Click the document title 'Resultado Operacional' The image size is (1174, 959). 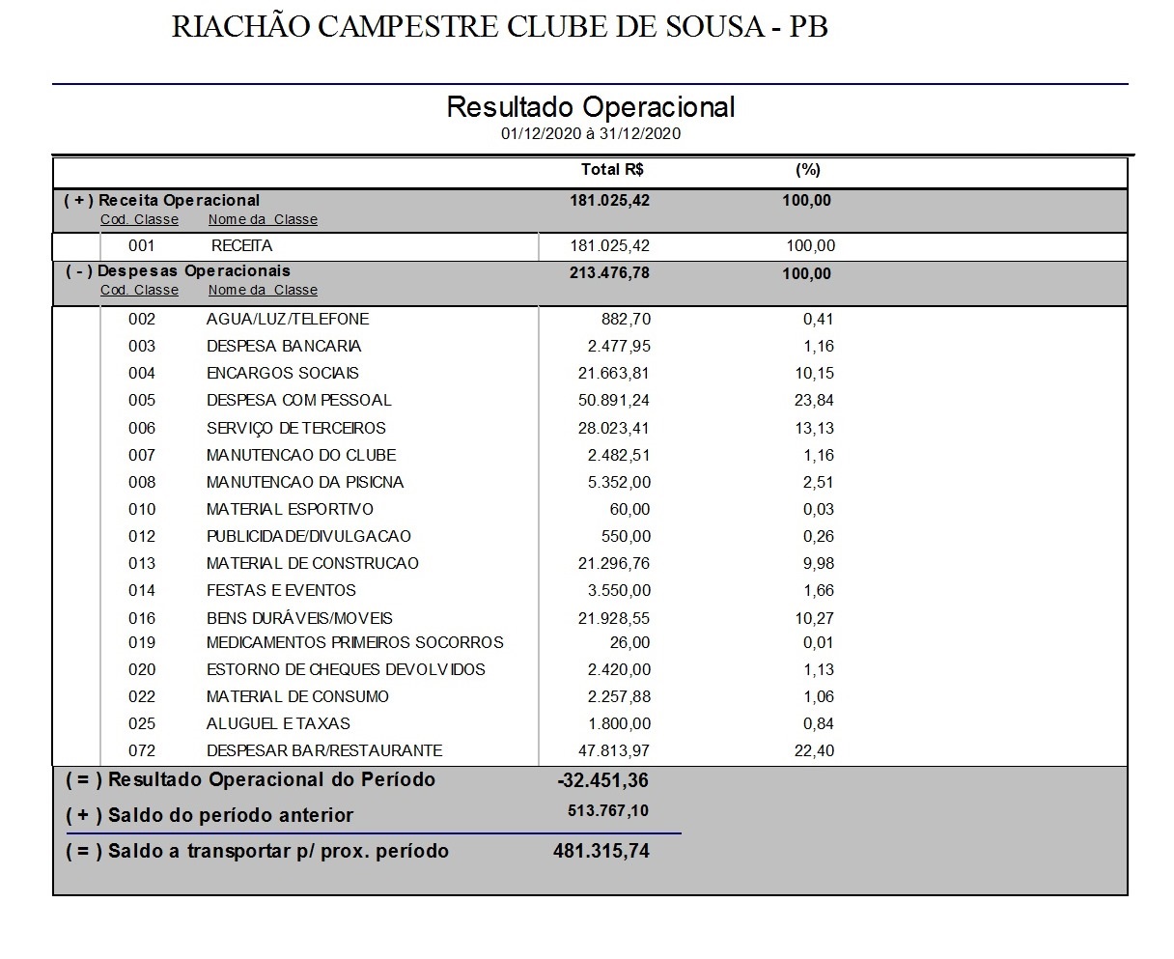pyautogui.click(x=590, y=107)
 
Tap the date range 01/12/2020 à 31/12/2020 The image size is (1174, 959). pyautogui.click(x=590, y=134)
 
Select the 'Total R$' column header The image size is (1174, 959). pyautogui.click(x=612, y=170)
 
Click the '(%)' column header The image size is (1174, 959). pyautogui.click(x=807, y=170)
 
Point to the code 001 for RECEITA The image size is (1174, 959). pyautogui.click(x=141, y=246)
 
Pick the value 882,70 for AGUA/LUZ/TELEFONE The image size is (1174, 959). pyautogui.click(x=626, y=320)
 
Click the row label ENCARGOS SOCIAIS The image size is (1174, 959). pyautogui.click(x=282, y=374)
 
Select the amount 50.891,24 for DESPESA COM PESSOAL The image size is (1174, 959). pyautogui.click(x=609, y=401)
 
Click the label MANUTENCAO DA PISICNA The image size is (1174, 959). pyautogui.click(x=304, y=483)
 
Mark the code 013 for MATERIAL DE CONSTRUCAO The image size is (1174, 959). pyautogui.click(x=141, y=564)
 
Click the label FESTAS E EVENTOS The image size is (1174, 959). pyautogui.click(x=281, y=591)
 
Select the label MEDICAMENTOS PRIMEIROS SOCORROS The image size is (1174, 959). pyautogui.click(x=354, y=643)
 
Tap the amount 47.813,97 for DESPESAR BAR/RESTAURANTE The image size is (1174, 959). pyautogui.click(x=609, y=751)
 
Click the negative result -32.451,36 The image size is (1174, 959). pyautogui.click(x=603, y=780)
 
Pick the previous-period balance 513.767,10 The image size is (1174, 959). pyautogui.click(x=608, y=812)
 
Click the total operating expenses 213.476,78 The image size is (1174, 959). pyautogui.click(x=609, y=273)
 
